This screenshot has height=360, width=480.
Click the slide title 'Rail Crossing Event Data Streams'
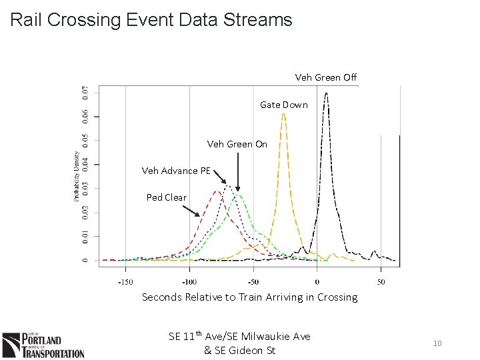151,20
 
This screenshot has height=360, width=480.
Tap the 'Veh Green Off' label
325,77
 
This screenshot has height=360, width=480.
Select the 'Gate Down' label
284,105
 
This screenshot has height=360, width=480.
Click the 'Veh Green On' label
237,144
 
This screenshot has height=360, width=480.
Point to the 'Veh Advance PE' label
176,171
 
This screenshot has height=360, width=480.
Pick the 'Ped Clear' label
167,197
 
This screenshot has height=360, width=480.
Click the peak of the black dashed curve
326,94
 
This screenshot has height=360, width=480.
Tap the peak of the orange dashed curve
284,115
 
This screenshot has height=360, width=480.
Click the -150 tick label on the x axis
125,281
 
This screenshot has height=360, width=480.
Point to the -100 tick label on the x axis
189,281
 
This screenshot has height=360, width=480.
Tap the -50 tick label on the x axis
254,281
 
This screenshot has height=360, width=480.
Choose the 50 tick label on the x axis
381,281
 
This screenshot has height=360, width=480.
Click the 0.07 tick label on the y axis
83,93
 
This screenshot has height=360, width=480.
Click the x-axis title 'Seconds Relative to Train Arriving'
249,297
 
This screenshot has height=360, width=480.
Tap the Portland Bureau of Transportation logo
43,345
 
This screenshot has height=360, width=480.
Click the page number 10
437,343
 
